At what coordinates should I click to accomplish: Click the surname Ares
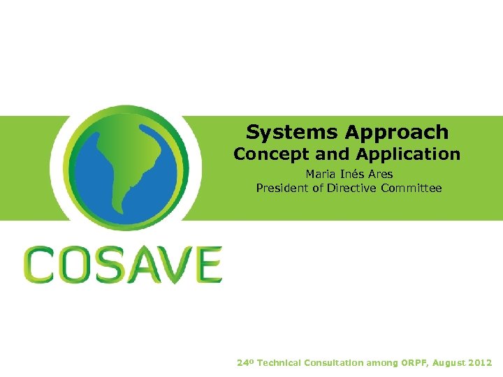pyautogui.click(x=378, y=174)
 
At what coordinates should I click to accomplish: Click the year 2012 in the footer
pyautogui.click(x=479, y=363)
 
